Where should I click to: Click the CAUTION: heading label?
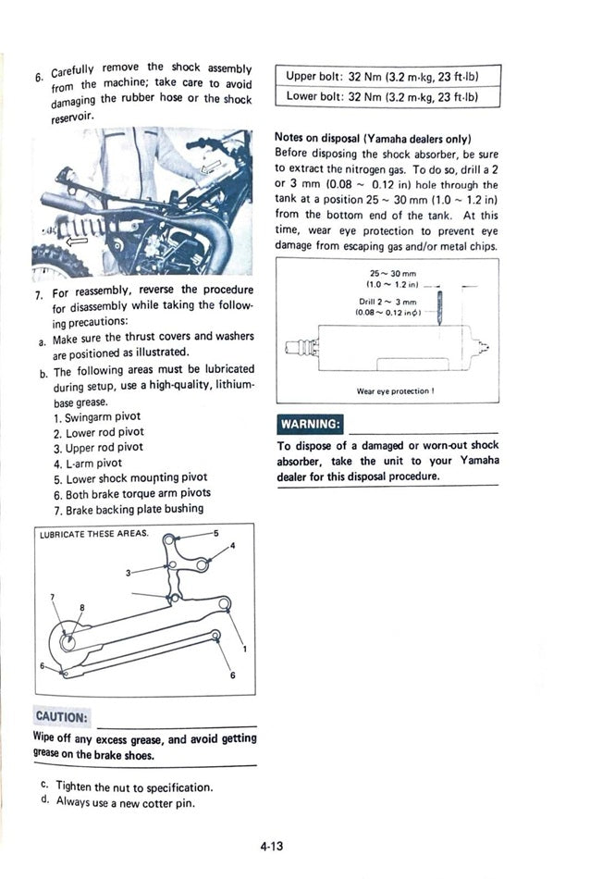pyautogui.click(x=61, y=717)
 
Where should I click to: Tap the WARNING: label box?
pyautogui.click(x=309, y=425)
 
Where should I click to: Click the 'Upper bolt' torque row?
pyautogui.click(x=387, y=76)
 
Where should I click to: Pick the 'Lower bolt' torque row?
pyautogui.click(x=387, y=95)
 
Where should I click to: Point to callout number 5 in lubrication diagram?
pyautogui.click(x=215, y=534)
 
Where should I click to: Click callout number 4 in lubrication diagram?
pyautogui.click(x=232, y=546)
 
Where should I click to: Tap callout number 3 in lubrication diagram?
pyautogui.click(x=129, y=573)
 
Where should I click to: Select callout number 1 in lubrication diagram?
pyautogui.click(x=243, y=649)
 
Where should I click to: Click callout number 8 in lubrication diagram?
pyautogui.click(x=81, y=607)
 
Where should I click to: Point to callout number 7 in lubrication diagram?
pyautogui.click(x=53, y=597)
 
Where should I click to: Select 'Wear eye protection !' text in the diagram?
pyautogui.click(x=395, y=391)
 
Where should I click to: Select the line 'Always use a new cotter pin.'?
pyautogui.click(x=126, y=802)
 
